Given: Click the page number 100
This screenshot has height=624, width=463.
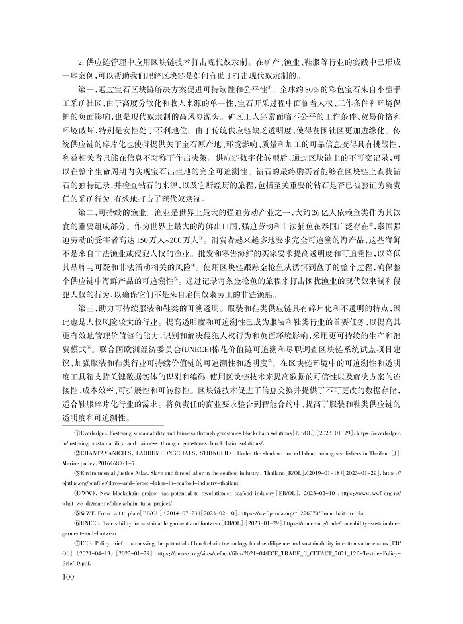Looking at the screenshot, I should (67, 578).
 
